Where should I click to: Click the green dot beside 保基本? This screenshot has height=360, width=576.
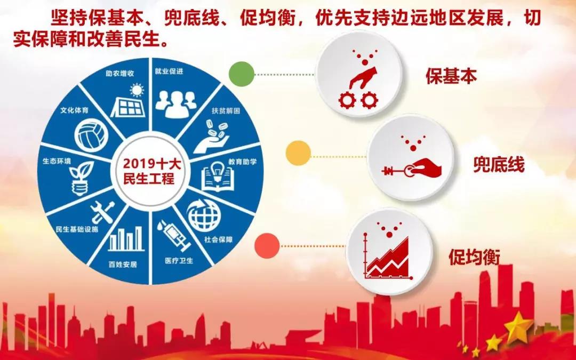(x=242, y=75)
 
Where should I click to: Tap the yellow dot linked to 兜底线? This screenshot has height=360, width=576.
(x=298, y=153)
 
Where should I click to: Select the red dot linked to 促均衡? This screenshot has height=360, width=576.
(x=267, y=246)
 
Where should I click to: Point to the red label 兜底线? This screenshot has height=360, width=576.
(x=499, y=165)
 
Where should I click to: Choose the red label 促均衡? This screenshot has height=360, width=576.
(x=474, y=257)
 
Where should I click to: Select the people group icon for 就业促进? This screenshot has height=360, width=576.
(x=175, y=103)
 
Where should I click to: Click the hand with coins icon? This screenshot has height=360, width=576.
(x=211, y=139)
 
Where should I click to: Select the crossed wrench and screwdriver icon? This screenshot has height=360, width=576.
(x=102, y=212)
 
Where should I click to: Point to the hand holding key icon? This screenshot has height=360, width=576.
(x=411, y=168)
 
